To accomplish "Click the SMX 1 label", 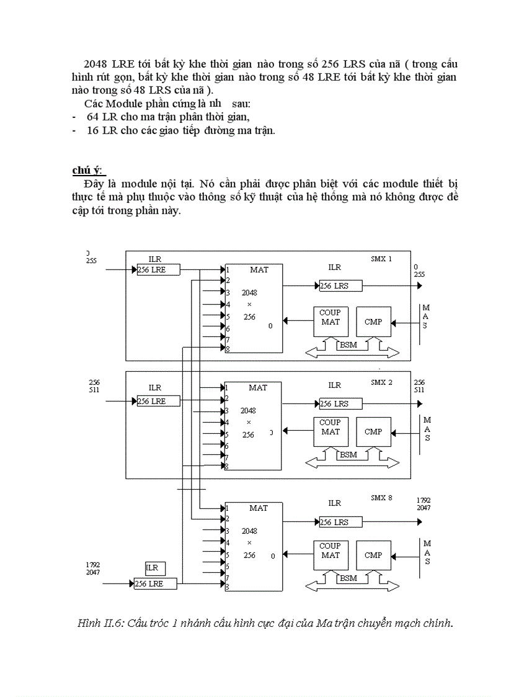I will click(x=381, y=258).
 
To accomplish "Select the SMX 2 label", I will click(x=381, y=382).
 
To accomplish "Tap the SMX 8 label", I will click(x=381, y=498).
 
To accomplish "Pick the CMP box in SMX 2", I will click(x=373, y=432).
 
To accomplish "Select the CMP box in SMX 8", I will click(x=373, y=555).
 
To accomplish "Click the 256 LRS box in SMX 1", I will click(x=340, y=286).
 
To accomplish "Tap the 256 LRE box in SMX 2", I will click(x=158, y=402).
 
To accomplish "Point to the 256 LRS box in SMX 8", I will click(x=340, y=523).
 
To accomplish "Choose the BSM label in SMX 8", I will click(x=348, y=578).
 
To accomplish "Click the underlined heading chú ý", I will click(x=88, y=170).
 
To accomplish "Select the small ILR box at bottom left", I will click(x=153, y=568).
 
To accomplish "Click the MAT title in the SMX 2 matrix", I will click(x=258, y=388).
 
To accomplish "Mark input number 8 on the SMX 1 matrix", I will click(x=228, y=350).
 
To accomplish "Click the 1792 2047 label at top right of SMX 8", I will click(x=424, y=503).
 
